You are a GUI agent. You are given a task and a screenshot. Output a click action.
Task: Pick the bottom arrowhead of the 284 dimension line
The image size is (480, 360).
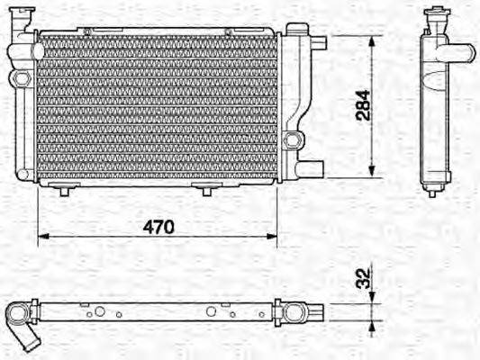372,175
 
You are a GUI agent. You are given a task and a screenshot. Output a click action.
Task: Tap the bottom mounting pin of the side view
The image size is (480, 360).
432,190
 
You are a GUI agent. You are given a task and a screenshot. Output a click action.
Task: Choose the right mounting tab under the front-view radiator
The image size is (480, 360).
207,189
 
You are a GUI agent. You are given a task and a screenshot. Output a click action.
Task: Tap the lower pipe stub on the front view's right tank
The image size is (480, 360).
312,167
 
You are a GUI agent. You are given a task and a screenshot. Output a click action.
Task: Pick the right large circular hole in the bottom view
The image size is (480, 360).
212,311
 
